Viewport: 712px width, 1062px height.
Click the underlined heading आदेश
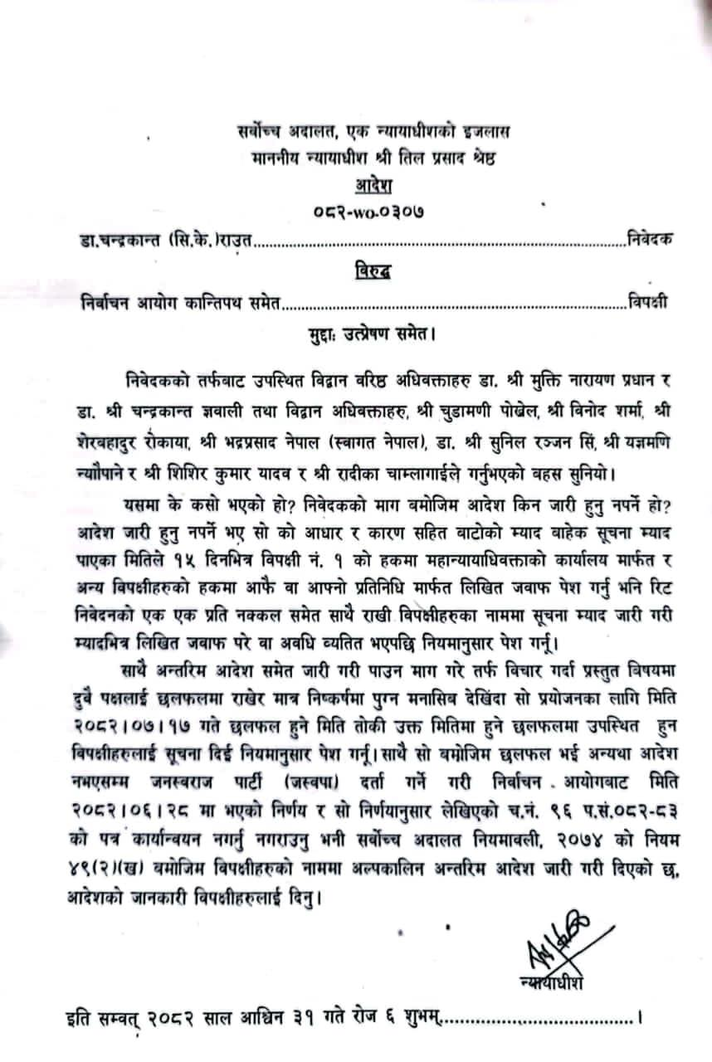[355, 184]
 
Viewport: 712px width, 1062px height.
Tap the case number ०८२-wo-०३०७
[358, 212]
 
